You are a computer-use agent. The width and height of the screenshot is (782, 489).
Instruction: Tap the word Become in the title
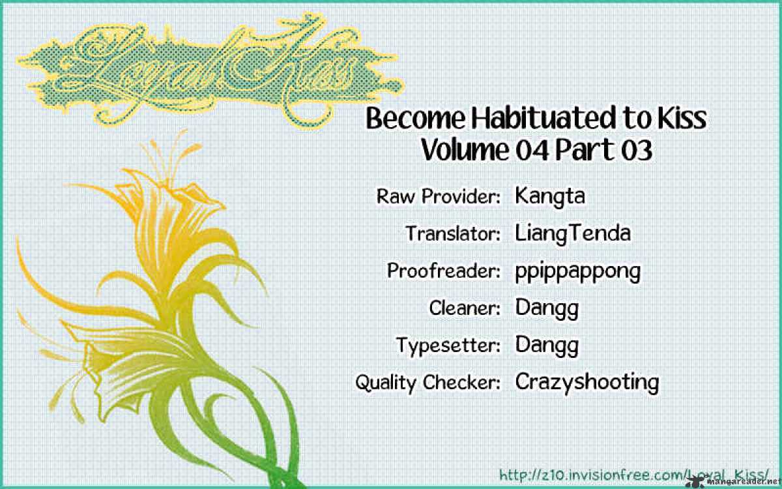coord(416,119)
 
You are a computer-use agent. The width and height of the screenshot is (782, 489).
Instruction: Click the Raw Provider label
coord(438,196)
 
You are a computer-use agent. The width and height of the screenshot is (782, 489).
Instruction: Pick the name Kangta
coord(550,196)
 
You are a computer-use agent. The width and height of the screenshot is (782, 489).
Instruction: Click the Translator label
coord(453,233)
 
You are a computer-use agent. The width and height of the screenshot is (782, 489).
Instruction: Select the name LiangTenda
coord(573,233)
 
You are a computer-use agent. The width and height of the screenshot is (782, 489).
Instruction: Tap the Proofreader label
coord(444,271)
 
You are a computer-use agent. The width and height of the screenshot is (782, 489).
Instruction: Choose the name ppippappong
coord(578,272)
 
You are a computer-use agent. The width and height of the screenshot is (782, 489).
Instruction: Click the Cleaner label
coord(465,308)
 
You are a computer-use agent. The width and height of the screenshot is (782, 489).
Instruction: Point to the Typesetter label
coord(448,346)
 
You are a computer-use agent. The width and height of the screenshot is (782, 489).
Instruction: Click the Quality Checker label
coord(427,383)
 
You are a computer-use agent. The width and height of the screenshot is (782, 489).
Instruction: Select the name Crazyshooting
coord(587,383)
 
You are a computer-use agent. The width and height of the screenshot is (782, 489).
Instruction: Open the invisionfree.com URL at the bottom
coord(634,475)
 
